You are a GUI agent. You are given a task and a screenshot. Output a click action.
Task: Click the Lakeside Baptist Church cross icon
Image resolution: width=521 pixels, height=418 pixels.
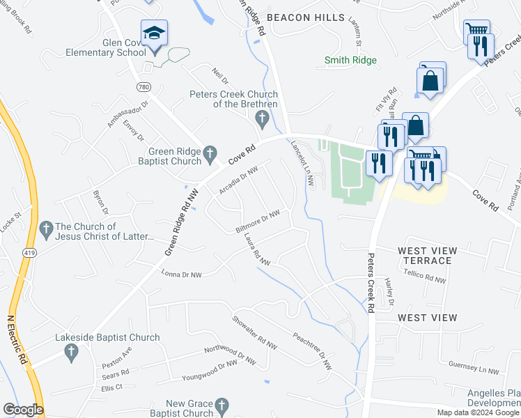click(x=70, y=353)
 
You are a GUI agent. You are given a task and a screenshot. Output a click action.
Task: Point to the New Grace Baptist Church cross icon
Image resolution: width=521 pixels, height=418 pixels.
click(x=221, y=406)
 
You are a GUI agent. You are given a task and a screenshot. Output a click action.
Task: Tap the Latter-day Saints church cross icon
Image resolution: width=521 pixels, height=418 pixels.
click(x=46, y=229)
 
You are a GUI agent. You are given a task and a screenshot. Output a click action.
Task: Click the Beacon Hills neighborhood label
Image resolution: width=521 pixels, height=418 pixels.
click(x=306, y=16)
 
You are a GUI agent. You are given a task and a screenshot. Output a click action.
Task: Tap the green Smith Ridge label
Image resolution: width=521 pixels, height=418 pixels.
click(x=350, y=61)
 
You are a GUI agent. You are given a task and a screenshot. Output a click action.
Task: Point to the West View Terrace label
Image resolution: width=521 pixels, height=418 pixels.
click(x=428, y=256)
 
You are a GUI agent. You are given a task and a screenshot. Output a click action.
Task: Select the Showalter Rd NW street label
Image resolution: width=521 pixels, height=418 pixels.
click(x=256, y=333)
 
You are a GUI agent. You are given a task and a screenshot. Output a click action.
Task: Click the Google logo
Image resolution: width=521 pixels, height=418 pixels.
click(x=22, y=410)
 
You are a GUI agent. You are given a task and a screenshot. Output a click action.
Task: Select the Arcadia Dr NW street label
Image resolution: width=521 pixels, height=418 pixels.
click(x=239, y=179)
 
